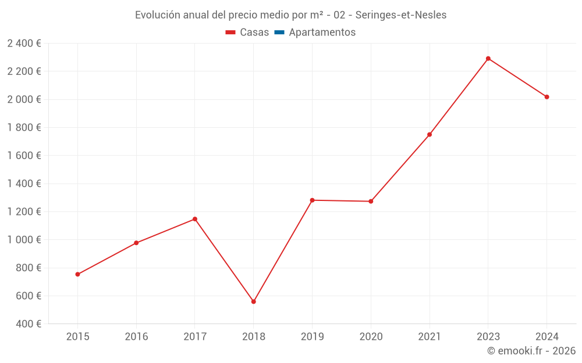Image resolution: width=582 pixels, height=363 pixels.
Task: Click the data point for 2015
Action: pos(77,274)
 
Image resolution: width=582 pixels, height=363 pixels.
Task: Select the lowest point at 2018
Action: pos(254,301)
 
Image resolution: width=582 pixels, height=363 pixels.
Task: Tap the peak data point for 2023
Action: pos(488,59)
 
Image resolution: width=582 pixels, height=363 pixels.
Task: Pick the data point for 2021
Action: pos(430,135)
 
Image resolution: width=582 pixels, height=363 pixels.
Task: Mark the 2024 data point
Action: pos(547,97)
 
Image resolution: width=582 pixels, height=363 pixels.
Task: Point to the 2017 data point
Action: pos(195,219)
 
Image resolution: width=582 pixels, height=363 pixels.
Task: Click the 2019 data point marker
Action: pos(312,200)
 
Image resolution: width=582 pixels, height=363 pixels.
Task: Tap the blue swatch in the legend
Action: pos(279,33)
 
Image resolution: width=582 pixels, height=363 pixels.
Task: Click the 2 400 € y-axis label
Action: pos(24,44)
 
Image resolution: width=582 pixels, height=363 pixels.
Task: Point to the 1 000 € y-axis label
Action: pos(24,240)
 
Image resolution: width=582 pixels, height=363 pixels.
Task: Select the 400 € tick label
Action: pos(28,324)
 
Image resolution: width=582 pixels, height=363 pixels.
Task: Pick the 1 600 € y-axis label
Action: pos(24,156)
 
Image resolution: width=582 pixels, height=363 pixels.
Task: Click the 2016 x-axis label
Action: pos(136,337)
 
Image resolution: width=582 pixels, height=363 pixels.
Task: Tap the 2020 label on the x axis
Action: pos(371,337)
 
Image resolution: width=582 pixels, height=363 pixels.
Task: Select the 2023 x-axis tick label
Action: pos(488,337)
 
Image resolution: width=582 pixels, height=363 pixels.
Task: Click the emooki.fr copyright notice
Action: pos(531,351)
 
